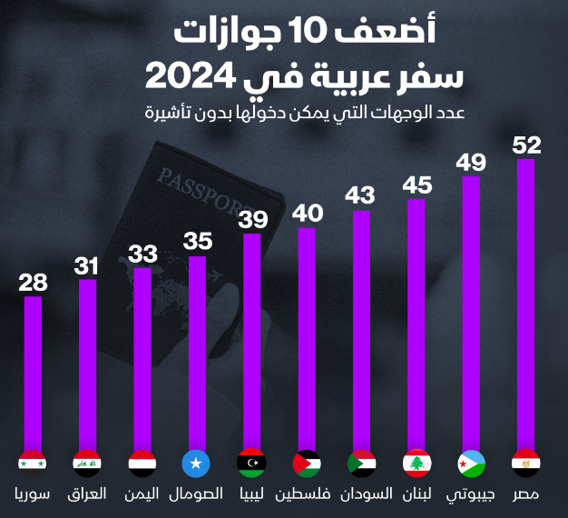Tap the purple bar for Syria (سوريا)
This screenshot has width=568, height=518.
tap(33, 373)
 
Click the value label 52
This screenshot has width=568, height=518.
tap(526, 145)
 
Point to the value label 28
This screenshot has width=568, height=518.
tap(33, 283)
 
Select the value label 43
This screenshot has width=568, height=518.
tap(360, 195)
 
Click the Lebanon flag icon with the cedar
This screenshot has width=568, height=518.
tap(416, 463)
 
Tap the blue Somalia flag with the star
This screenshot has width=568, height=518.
tap(196, 463)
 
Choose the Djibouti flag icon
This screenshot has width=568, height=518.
tap(471, 463)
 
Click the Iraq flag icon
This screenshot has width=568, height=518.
tap(87, 463)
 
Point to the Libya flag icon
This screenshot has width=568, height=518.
tap(250, 463)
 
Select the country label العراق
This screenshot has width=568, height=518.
tap(87, 495)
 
